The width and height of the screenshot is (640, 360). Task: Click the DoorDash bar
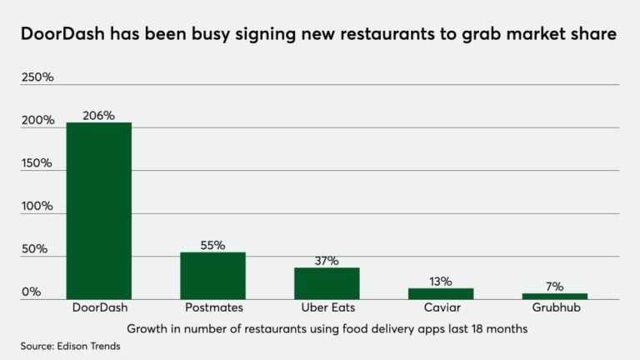[98, 211]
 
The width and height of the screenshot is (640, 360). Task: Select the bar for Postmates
[212, 276]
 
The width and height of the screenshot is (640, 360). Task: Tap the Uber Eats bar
[327, 283]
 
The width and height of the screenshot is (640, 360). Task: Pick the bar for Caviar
[441, 293]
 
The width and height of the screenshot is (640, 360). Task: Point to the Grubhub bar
[555, 296]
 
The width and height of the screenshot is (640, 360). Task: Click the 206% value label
[98, 116]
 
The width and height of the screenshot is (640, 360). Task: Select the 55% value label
[212, 246]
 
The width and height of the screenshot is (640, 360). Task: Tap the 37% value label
[327, 261]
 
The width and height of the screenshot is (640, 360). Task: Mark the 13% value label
[441, 282]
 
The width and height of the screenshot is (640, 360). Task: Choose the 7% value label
[555, 287]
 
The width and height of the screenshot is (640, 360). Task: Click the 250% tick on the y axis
[37, 77]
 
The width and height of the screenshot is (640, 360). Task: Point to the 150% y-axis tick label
[37, 163]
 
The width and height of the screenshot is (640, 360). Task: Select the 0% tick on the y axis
[31, 292]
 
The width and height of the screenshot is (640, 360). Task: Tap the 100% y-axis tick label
[37, 206]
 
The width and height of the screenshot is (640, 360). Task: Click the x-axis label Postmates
[212, 308]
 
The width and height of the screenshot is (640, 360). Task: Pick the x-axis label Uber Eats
[327, 308]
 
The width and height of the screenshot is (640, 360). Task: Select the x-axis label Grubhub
[555, 308]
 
